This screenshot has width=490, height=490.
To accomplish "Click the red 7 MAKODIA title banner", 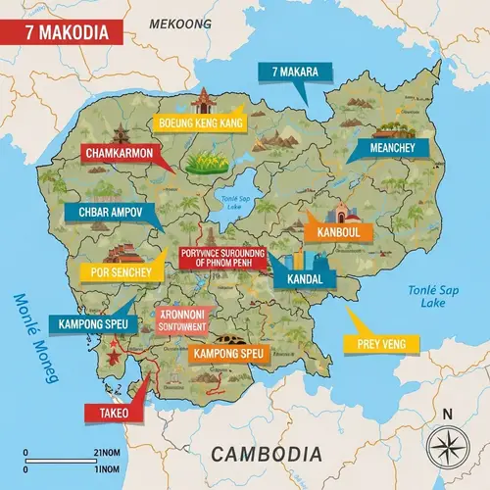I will (62, 30).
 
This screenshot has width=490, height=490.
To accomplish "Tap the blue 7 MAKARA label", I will (295, 72).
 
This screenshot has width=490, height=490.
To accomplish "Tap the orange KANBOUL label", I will (336, 232).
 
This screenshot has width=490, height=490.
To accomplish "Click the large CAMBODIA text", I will (266, 454).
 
